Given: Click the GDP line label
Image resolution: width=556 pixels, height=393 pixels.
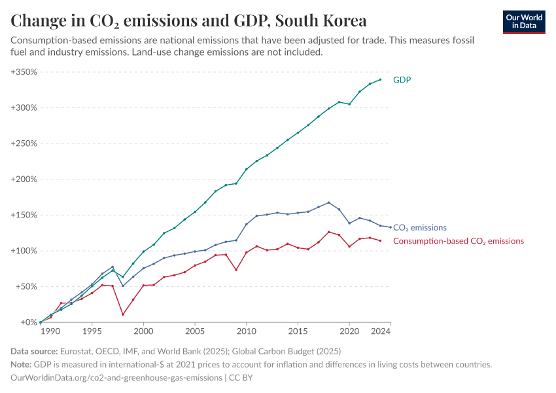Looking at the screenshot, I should [x=402, y=80].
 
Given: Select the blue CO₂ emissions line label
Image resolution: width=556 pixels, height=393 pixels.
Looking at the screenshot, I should [x=419, y=228].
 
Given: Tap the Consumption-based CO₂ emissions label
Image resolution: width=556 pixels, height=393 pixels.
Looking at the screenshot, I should [x=458, y=241].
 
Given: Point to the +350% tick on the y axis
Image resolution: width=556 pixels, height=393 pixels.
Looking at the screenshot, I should [x=24, y=71].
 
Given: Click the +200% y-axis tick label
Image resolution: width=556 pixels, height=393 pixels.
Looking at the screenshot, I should [x=24, y=179].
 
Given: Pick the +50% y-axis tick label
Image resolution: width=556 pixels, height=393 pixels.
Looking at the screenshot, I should [x=26, y=286].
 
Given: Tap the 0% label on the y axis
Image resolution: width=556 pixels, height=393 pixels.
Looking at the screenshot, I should [x=30, y=322].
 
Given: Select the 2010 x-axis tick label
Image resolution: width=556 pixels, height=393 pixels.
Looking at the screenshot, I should [x=247, y=332].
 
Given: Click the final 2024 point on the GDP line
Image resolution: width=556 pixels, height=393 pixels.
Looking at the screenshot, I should [x=380, y=80].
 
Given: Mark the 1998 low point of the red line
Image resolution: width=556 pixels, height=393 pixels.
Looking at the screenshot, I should [x=122, y=314].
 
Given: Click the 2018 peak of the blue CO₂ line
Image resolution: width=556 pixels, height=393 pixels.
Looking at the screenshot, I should [x=328, y=202].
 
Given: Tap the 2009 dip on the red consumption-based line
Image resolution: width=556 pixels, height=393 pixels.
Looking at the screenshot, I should [x=236, y=270].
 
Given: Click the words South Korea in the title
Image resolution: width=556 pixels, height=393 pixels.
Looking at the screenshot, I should [x=321, y=20].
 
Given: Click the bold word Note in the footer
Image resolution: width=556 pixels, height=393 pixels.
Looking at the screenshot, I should [x=22, y=365].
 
